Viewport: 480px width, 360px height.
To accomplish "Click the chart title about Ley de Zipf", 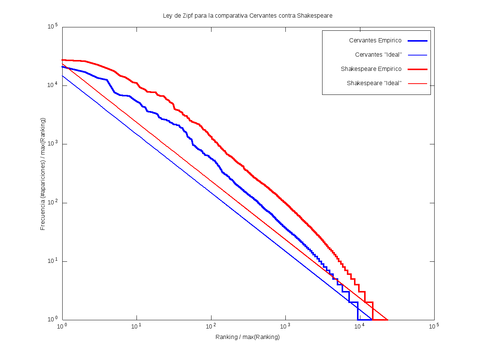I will [247, 16].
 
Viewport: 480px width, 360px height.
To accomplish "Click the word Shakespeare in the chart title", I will [315, 16].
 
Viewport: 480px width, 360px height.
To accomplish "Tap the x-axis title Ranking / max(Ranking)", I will [247, 337].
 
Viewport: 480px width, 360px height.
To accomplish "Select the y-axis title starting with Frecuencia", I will [43, 174].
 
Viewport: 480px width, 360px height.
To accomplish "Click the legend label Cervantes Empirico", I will [375, 40].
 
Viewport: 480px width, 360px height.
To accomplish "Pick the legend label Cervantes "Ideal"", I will [378, 55].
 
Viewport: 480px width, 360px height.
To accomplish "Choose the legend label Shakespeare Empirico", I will [371, 69].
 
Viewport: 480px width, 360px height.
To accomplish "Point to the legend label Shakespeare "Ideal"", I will [374, 83].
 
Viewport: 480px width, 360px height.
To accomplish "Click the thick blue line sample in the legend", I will [417, 40].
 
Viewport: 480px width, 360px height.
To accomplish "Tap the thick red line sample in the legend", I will [417, 69].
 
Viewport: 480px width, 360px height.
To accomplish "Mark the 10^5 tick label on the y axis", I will [52, 27].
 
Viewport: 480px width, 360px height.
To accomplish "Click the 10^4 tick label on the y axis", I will [52, 85].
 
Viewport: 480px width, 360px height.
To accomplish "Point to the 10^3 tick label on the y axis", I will [52, 144].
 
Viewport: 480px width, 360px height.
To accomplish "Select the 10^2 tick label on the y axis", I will [52, 202].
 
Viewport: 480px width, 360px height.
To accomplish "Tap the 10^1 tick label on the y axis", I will [52, 261].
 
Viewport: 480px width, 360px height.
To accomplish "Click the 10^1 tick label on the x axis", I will [136, 326].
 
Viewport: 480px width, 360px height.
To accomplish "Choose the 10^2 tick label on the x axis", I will [211, 326].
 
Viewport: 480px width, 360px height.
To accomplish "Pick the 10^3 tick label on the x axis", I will [285, 326].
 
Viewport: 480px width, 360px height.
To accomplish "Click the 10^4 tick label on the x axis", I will [359, 326].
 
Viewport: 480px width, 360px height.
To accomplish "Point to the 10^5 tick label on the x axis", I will [434, 326].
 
